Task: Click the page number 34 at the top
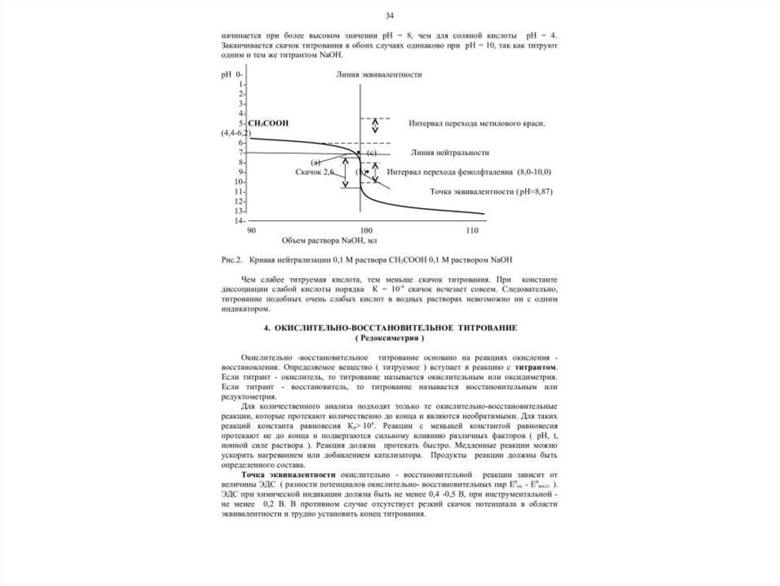[x=389, y=16]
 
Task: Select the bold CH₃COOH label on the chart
[x=268, y=123]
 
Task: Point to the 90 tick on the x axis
[x=251, y=230]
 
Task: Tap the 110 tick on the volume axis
[x=473, y=230]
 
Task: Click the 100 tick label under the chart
[x=365, y=230]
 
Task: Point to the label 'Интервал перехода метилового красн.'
[x=478, y=123]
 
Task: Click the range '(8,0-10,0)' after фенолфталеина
[x=534, y=172]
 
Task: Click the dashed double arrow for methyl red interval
[x=373, y=130]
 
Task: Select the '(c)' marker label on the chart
[x=372, y=153]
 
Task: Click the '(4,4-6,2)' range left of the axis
[x=236, y=133]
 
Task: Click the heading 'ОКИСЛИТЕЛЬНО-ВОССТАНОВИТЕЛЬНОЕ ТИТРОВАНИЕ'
[x=390, y=327]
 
